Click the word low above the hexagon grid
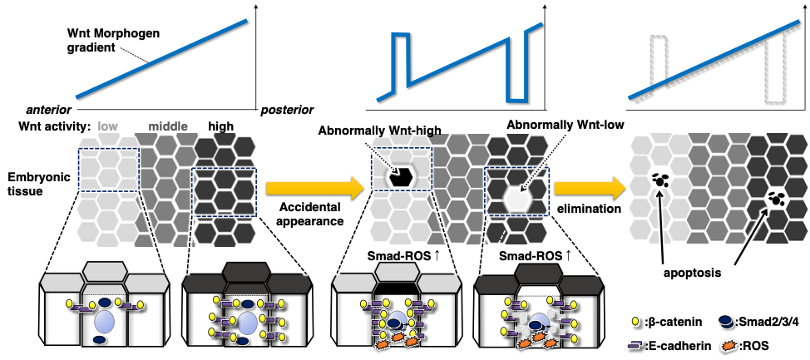point(108,127)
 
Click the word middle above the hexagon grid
point(167,127)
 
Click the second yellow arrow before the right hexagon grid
point(590,188)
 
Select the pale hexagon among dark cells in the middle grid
point(517,198)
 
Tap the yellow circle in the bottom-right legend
point(635,321)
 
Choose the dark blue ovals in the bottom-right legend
point(726,321)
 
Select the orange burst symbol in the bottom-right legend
point(729,344)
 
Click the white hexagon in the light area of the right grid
point(660,176)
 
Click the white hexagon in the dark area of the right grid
point(776,198)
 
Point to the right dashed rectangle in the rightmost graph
point(774,70)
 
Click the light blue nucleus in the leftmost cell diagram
point(104,322)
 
